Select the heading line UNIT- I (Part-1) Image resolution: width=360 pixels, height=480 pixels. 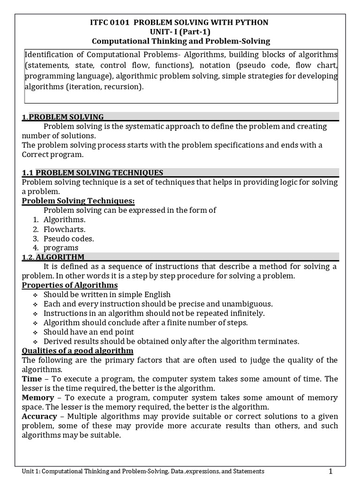pos(180,32)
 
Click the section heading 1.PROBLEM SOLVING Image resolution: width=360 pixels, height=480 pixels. pos(63,117)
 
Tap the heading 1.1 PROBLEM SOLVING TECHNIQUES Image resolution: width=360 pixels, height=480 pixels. pos(93,172)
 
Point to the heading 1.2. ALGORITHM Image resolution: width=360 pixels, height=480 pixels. pos(53,257)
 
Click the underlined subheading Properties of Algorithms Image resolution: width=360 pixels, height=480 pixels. pos(70,285)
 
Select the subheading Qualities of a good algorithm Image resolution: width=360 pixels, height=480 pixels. pos(78,351)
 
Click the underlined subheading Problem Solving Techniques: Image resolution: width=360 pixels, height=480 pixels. pos(78,201)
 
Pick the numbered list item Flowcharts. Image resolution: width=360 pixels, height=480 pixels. pos(65,229)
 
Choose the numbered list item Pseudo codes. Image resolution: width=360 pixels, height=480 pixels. pos(69,238)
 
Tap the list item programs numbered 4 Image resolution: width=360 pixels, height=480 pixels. pos(61,247)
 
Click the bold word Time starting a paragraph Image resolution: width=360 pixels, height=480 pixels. pos(31,379)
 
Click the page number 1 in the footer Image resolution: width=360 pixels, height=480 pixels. pos(330,471)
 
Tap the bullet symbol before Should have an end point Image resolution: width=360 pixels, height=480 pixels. pos(36,332)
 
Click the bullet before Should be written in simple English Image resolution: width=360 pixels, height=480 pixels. pos(36,295)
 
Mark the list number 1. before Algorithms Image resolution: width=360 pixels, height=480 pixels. pos(35,219)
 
